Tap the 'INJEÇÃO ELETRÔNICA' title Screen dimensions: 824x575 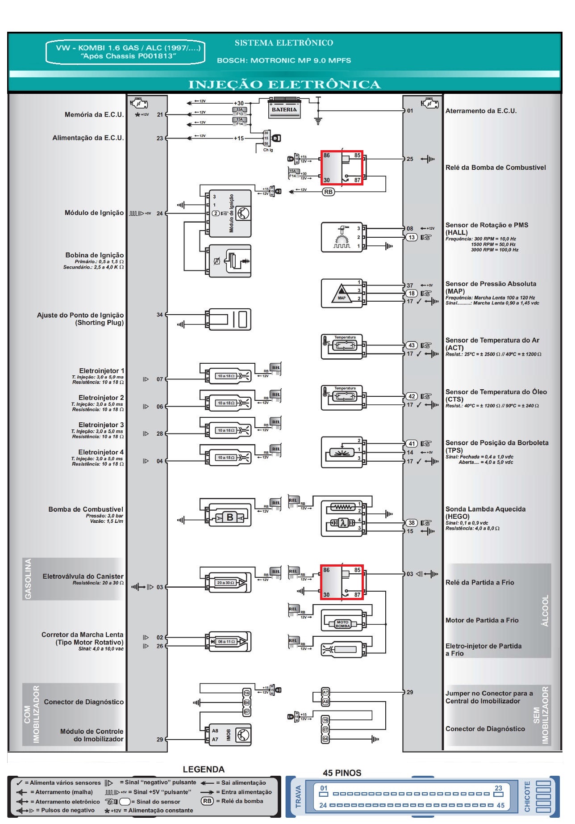(284, 84)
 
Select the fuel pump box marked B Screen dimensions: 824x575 (230, 517)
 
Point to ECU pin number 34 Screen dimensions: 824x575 (160, 315)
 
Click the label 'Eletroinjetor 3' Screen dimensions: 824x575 (101, 425)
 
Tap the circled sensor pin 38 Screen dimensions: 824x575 (411, 523)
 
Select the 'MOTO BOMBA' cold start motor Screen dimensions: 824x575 (342, 624)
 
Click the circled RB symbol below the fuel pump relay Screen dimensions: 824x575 (329, 192)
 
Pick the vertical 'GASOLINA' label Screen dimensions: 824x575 (28, 579)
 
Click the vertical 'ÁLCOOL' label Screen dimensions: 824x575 (545, 610)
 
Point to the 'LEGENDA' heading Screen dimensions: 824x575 (204, 769)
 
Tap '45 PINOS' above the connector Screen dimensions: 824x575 (342, 773)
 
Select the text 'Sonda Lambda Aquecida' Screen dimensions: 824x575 (485, 509)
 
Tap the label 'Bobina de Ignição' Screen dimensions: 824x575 (94, 255)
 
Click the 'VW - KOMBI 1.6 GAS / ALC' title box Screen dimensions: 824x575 (125, 52)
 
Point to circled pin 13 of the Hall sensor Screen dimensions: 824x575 (411, 237)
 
